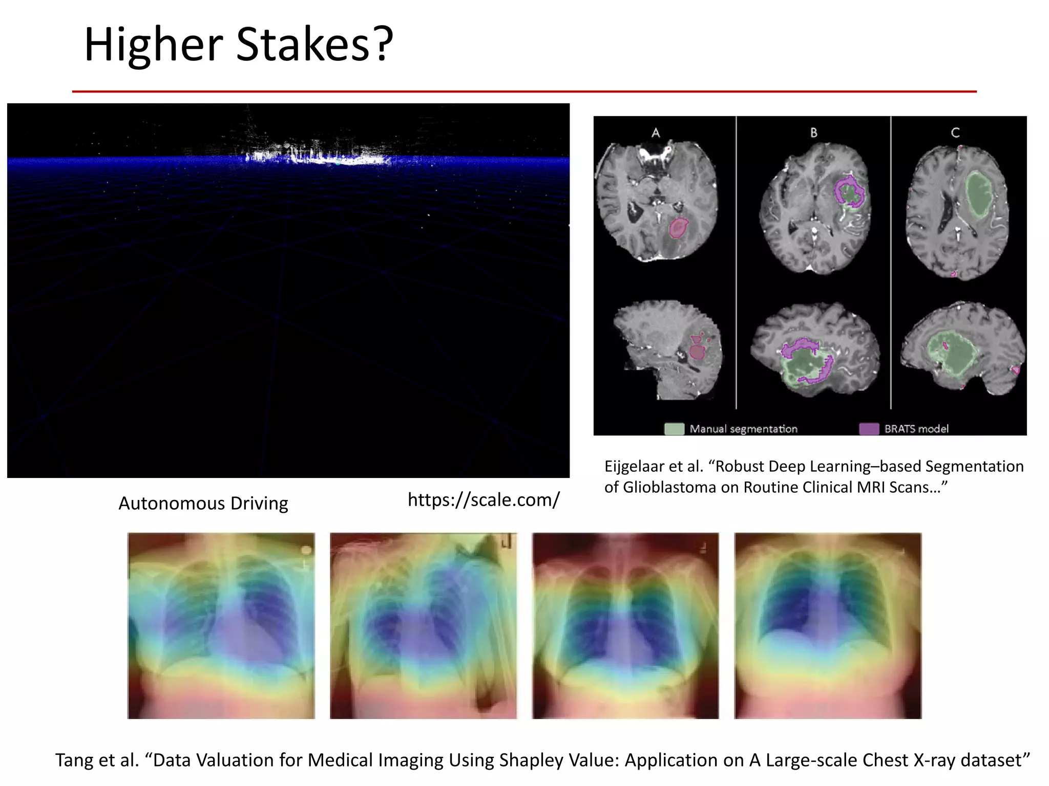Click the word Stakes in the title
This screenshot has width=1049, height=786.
click(303, 45)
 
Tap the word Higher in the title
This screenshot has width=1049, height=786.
click(153, 45)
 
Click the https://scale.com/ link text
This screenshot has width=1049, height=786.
click(484, 499)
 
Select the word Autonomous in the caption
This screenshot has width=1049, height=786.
click(172, 504)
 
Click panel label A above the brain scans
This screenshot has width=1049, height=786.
click(656, 133)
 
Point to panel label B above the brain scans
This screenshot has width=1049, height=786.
click(813, 133)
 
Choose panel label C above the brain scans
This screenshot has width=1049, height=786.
click(955, 133)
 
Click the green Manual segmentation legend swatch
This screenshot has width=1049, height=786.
click(674, 429)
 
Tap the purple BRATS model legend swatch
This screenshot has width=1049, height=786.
click(869, 429)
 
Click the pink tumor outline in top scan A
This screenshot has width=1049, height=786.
click(679, 228)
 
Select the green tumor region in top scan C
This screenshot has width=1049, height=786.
click(979, 194)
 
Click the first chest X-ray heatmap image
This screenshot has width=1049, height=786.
click(221, 625)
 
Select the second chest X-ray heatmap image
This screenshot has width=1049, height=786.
click(423, 625)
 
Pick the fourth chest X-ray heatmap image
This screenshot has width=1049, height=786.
click(828, 625)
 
